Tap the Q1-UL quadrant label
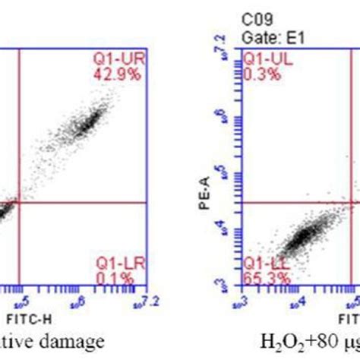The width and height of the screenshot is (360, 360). pos(261,58)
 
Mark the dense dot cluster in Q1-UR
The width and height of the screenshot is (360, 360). pos(87,121)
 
